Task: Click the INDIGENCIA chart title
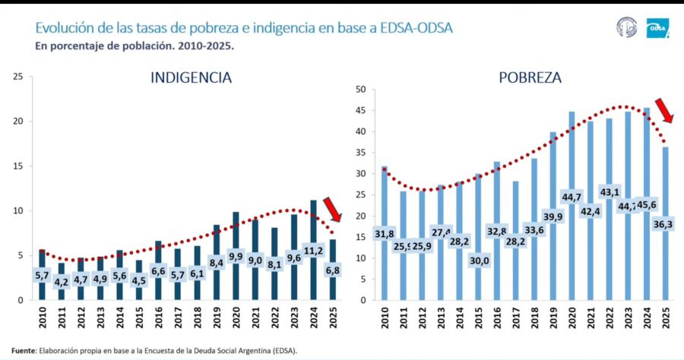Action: click(191, 77)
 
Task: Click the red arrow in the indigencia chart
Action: click(331, 209)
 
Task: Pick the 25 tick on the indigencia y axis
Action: click(18, 77)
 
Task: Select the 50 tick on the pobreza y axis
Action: click(361, 90)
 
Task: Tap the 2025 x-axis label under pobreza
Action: click(666, 316)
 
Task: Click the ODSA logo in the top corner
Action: click(657, 28)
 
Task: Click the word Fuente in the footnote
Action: click(24, 351)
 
